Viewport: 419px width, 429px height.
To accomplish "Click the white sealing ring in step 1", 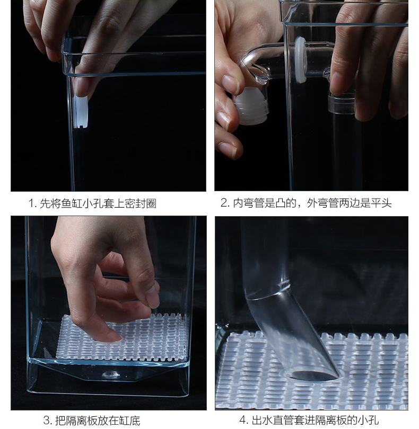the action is coord(81,112).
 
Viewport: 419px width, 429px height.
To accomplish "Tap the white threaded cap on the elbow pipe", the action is coord(252,105).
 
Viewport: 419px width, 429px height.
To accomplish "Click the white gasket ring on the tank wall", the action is coord(300,60).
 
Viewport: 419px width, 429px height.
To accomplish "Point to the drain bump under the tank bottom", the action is coord(111,374).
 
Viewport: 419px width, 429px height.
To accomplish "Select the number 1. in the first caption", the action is coord(32,203).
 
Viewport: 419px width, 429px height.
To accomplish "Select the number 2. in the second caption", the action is coord(226,203).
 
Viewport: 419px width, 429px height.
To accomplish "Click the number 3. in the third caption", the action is coord(48,420).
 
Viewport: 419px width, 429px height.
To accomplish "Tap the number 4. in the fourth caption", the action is coord(245,419).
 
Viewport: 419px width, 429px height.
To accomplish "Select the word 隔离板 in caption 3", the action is coord(82,420).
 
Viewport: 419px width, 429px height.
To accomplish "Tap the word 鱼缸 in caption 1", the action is coord(72,203).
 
